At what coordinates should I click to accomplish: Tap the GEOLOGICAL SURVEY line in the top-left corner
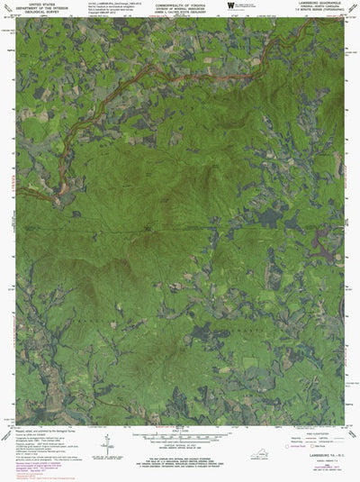tap(41, 15)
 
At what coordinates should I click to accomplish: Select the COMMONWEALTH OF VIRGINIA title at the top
tap(179, 5)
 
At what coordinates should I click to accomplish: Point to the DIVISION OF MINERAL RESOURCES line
tap(179, 10)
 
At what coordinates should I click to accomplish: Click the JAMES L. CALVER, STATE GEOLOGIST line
tap(179, 14)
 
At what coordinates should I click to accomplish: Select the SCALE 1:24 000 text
tap(179, 431)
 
